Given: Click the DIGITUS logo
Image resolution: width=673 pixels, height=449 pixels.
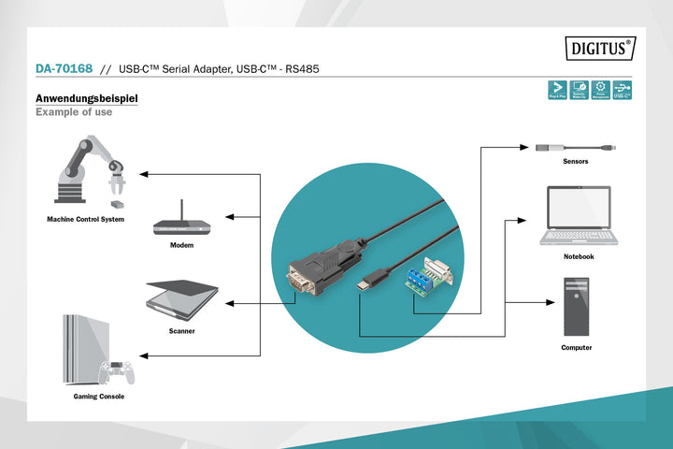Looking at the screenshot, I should click(599, 48).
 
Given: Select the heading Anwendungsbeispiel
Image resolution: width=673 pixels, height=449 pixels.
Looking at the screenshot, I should click(86, 98).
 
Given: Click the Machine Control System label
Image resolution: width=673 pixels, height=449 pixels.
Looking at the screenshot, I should click(86, 220).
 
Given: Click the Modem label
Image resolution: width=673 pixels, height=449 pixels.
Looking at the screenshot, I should click(181, 245).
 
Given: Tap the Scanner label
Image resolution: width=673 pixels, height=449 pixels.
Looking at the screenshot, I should click(181, 331).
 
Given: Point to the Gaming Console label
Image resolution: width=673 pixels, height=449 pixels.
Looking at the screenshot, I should click(99, 397).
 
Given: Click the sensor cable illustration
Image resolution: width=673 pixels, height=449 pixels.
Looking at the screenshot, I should click(575, 147).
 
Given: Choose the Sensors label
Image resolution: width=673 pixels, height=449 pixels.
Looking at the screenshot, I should click(576, 162).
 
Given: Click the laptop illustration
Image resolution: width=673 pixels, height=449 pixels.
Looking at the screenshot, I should click(579, 216).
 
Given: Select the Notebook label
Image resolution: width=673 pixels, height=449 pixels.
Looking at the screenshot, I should click(579, 256).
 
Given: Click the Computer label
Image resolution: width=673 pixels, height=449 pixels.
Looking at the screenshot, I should click(576, 347).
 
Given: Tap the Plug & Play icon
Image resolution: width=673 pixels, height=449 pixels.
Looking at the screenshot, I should click(556, 90).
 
